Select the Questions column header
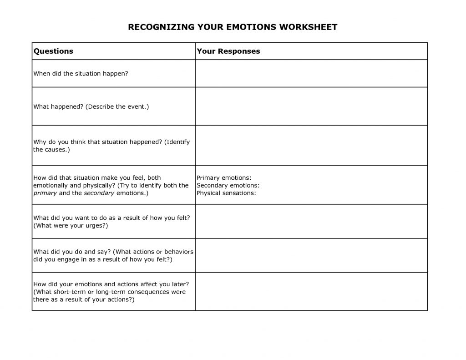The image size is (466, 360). (53, 51)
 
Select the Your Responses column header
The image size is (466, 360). (228, 51)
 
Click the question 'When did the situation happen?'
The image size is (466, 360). (81, 73)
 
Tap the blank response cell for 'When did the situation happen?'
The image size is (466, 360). (311, 73)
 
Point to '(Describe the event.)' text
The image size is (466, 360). (117, 106)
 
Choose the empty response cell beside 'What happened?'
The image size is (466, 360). (311, 106)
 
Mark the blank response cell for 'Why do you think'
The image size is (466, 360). (311, 145)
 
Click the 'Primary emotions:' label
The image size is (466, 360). (224, 177)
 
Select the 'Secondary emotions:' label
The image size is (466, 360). (228, 185)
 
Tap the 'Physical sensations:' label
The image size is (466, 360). (226, 193)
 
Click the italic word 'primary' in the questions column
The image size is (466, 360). (45, 193)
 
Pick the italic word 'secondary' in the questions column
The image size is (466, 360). (99, 193)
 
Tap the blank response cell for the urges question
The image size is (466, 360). (311, 221)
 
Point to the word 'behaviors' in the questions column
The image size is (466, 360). (179, 252)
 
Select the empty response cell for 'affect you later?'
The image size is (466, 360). (311, 291)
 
